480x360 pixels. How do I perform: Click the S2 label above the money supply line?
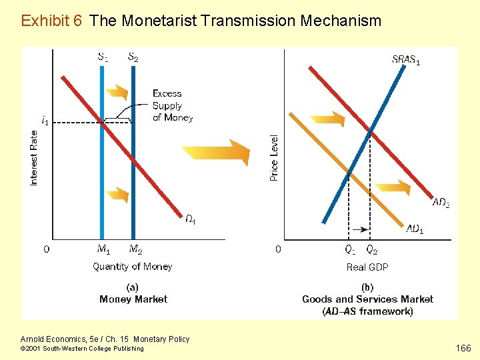coord(133,57)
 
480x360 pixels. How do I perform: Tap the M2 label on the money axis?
coord(135,250)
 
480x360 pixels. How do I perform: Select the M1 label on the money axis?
coord(103,250)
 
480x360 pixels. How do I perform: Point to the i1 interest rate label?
coord(45,121)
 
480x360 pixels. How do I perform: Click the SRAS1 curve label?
coord(406,60)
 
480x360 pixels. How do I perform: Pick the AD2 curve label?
coord(441,203)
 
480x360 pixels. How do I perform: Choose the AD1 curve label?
coord(415,229)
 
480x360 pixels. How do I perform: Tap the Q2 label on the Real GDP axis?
coord(372,250)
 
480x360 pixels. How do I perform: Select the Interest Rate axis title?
coord(34,157)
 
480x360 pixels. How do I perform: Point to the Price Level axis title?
coord(274,158)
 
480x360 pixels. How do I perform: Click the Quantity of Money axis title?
coord(132,267)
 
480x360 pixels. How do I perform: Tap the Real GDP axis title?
coord(367,267)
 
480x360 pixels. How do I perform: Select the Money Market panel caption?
coord(133,299)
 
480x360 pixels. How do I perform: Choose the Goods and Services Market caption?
coord(367,299)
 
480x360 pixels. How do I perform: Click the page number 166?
coord(462,347)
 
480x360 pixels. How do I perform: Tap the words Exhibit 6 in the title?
coord(51,21)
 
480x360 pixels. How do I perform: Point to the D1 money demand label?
coord(190,219)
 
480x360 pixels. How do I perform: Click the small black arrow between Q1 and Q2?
coord(360,229)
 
